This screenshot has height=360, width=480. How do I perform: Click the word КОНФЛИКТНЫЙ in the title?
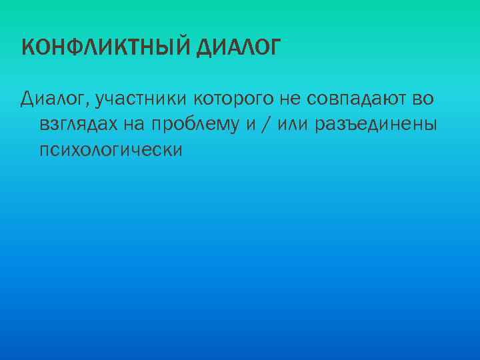point(107,48)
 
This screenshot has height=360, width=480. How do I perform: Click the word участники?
point(141,100)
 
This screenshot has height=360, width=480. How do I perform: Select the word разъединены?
point(378,125)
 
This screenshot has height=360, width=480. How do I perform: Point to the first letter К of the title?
point(27,48)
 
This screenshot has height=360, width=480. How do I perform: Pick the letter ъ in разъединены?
point(358,125)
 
